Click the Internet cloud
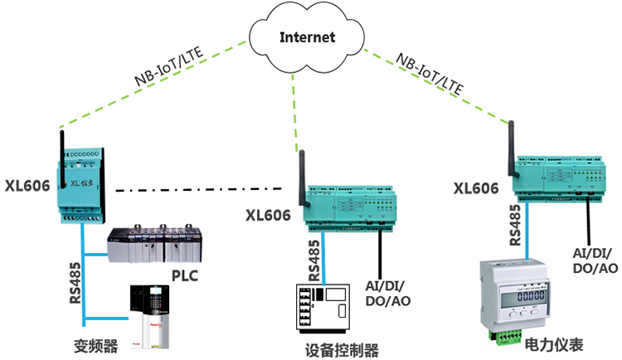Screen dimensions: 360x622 (308, 38)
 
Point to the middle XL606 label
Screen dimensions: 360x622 (268, 215)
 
